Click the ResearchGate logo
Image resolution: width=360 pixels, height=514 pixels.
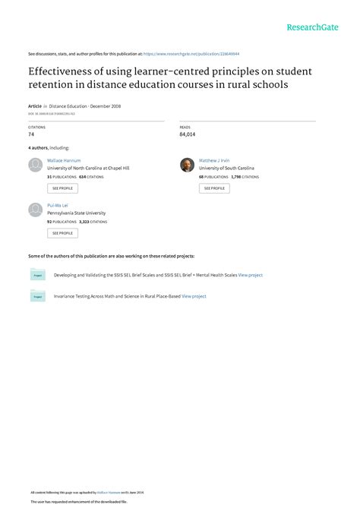coord(312,27)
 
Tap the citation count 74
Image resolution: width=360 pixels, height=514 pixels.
coord(31,134)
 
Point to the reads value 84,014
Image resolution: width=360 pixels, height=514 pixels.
coord(188,134)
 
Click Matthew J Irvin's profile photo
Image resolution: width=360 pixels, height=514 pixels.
coord(187,165)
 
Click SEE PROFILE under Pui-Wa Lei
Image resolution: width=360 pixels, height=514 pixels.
coord(62,233)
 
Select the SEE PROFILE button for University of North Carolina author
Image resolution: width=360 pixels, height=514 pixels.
coord(62,188)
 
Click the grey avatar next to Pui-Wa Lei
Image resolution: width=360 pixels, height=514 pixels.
coord(35,210)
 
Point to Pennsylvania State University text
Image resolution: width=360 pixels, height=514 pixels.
coord(77,213)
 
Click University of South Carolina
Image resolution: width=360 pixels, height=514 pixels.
coord(226,168)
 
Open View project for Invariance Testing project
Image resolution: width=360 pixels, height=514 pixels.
coord(194,296)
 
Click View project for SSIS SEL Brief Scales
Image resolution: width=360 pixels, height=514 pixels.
coord(251,275)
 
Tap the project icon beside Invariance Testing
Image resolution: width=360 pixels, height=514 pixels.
coord(37,297)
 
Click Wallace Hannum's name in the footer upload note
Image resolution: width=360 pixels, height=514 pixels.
coord(109,493)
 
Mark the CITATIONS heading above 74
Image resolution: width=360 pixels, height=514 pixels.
coord(36,127)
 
